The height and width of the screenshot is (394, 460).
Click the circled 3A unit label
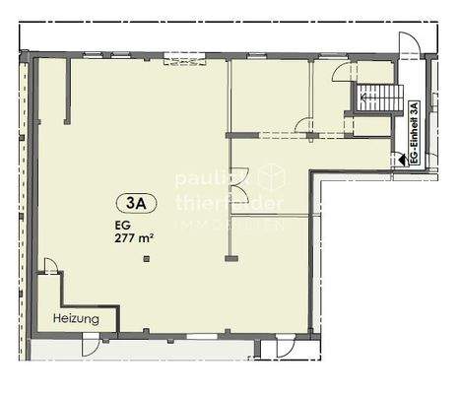pyautogui.click(x=136, y=204)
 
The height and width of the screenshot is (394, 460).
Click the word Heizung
pyautogui.click(x=76, y=319)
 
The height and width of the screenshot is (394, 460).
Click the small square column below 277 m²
pyautogui.click(x=145, y=259)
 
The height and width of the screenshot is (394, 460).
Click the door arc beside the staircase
pyautogui.click(x=341, y=72)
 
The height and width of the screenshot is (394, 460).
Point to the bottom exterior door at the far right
pyautogui.click(x=285, y=346)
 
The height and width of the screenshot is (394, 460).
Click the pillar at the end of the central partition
pyautogui.click(x=230, y=258)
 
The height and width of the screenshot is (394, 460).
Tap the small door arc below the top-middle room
pyautogui.click(x=304, y=126)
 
